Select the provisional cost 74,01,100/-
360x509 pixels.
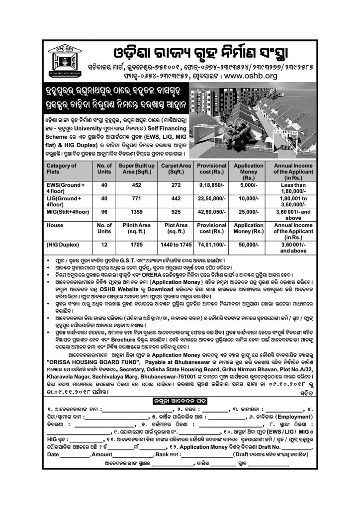tap(213, 245)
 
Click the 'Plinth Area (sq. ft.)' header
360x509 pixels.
tap(137, 228)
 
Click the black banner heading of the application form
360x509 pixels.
tap(180, 401)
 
